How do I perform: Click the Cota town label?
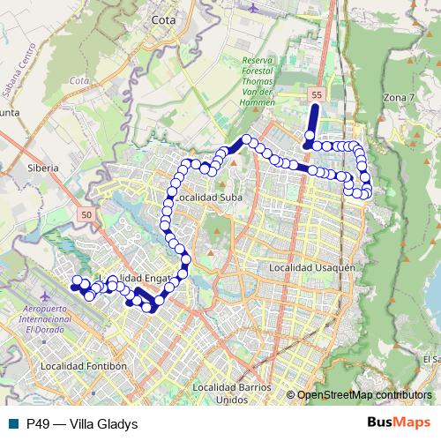point(162,18)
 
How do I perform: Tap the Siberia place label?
point(42,167)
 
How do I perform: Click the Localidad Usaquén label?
point(311,266)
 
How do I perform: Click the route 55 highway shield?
point(317,93)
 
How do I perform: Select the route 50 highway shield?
point(86,214)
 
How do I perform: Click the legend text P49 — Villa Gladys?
point(82,423)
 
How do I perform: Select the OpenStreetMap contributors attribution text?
point(364,394)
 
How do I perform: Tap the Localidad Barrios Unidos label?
point(232,392)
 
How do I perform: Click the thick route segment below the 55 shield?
point(312,123)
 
